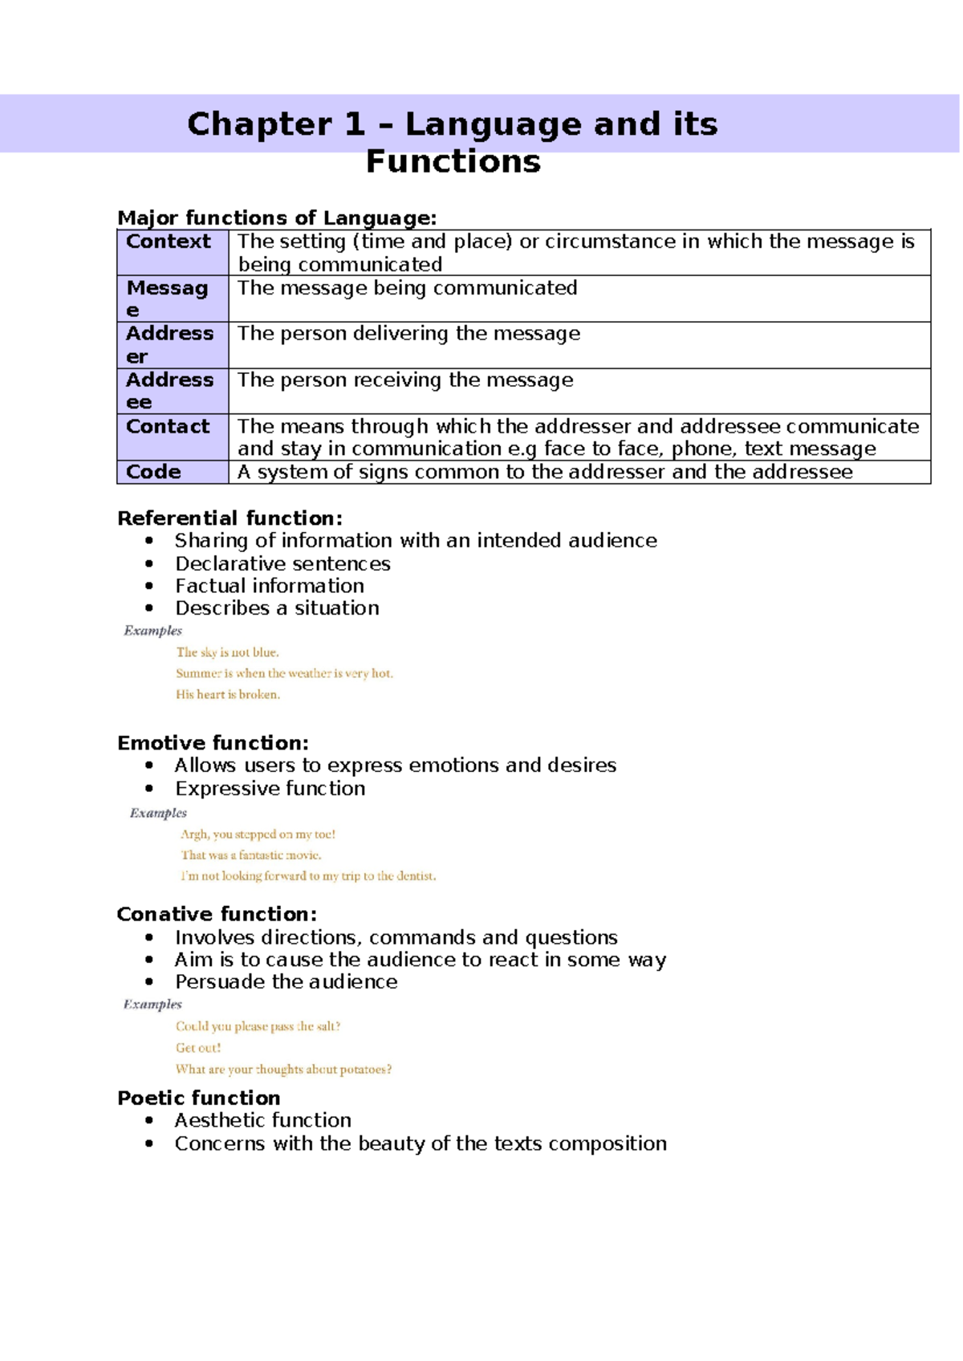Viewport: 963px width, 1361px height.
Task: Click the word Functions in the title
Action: click(x=453, y=161)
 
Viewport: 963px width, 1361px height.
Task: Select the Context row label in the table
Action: click(x=168, y=242)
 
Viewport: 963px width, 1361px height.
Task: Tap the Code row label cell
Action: click(x=153, y=472)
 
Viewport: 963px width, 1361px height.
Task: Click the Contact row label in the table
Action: click(x=168, y=426)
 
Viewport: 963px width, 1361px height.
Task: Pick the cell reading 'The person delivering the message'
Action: click(x=408, y=333)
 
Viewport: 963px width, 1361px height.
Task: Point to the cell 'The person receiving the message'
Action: click(x=405, y=380)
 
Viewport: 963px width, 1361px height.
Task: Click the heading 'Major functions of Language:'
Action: click(x=277, y=217)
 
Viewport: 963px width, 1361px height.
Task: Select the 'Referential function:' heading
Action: click(x=230, y=518)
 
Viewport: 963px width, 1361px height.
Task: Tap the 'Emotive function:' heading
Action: click(x=213, y=742)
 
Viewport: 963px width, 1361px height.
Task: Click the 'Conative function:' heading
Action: click(x=217, y=914)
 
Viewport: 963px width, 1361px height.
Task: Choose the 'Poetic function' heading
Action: click(x=199, y=1097)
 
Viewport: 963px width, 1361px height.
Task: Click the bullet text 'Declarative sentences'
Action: click(x=282, y=563)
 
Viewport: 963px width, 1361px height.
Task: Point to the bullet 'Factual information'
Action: click(x=270, y=586)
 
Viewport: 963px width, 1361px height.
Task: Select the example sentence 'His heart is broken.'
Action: click(x=228, y=694)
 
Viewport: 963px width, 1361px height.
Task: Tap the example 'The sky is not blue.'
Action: click(x=228, y=652)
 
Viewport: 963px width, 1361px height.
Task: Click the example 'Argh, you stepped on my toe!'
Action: click(x=258, y=835)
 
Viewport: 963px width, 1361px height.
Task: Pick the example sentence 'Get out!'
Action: click(x=198, y=1047)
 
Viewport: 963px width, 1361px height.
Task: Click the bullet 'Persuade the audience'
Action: click(x=286, y=981)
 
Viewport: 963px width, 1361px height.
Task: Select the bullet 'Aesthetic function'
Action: click(x=263, y=1119)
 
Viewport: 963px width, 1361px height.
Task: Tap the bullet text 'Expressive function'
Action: click(x=270, y=788)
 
